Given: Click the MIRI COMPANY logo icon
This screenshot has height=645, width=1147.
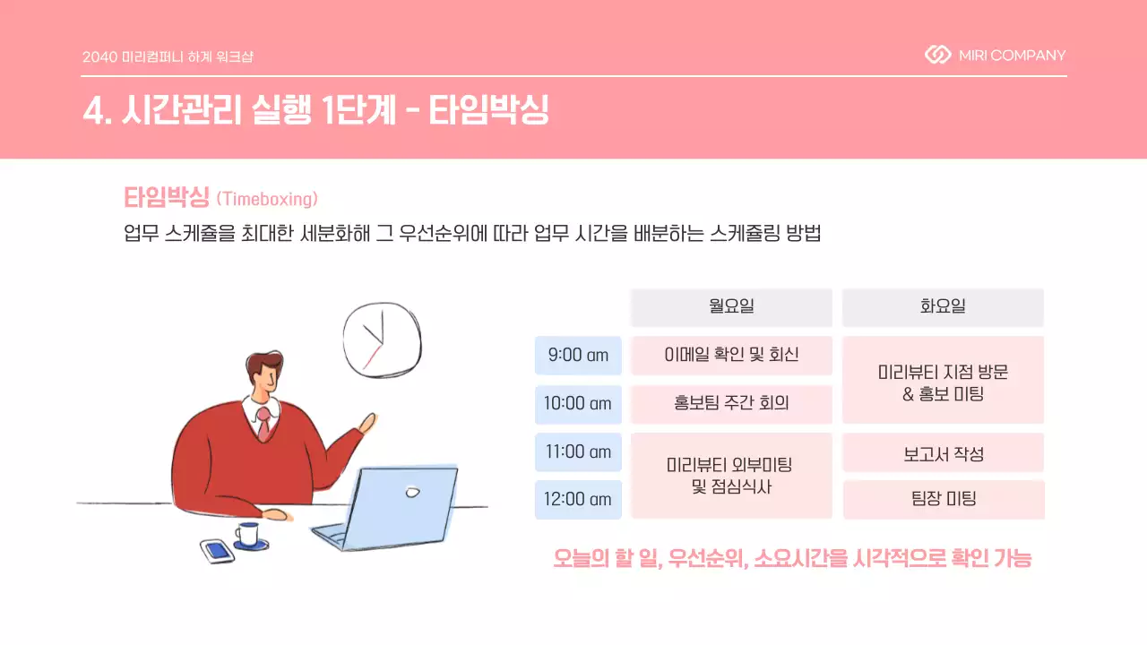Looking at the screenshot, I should point(937,56).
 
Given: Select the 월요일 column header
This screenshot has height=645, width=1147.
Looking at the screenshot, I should point(731,307).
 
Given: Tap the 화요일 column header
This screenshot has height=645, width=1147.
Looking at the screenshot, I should point(943,307).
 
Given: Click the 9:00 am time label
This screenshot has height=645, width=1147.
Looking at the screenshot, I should point(578,355).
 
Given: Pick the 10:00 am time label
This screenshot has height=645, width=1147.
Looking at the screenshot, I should point(578,403).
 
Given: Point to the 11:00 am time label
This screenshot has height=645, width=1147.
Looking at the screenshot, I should point(578,451).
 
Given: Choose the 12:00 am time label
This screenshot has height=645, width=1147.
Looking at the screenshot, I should point(578,499).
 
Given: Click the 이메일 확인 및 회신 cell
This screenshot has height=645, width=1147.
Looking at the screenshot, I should point(731,355).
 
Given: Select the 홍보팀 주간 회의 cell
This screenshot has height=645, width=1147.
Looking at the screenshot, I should point(731,403).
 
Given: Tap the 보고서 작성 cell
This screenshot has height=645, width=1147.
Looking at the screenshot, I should point(943,452).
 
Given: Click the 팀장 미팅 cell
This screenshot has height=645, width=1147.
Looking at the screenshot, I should point(943,499).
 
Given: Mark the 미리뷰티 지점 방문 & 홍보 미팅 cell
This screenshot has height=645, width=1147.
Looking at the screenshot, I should point(943,380).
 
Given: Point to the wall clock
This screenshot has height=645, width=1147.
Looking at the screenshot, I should point(381,341).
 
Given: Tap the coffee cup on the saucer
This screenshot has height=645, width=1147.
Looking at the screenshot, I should point(248,535).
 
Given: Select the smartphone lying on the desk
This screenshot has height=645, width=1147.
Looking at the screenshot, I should point(216,550).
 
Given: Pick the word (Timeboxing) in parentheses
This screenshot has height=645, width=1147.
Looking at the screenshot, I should point(267,198).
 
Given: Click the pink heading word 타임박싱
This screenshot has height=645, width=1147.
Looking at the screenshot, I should point(166,197).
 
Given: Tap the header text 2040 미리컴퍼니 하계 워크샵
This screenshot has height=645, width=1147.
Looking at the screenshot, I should point(168,56).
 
